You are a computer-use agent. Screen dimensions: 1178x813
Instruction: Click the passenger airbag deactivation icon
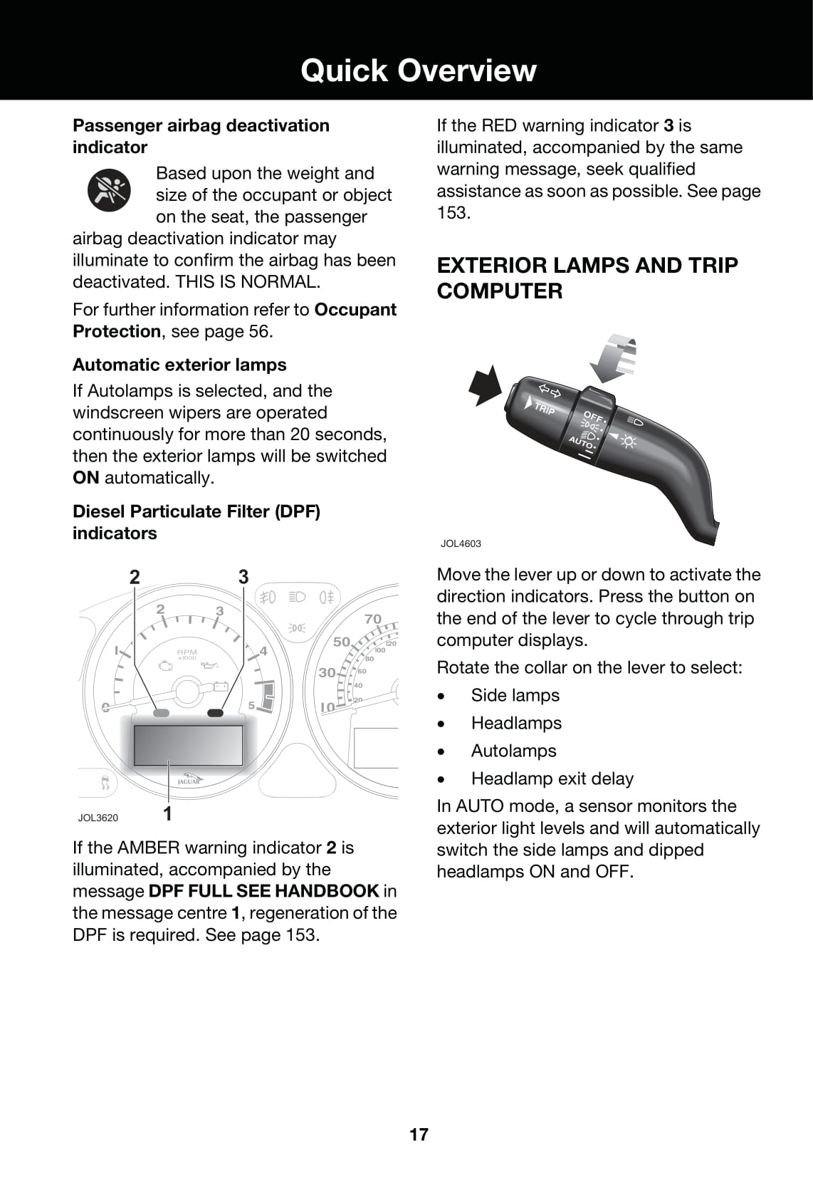(109, 190)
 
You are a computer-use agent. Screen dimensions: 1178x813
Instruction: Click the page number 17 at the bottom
(419, 1135)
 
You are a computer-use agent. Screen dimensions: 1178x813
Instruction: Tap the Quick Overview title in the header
(418, 71)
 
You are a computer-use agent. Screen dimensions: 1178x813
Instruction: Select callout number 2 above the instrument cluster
(135, 577)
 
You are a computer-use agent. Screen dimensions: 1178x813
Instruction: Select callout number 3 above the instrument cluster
(243, 577)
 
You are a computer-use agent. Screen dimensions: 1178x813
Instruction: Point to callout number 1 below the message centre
(168, 813)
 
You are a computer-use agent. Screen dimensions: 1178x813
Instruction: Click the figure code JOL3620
(98, 818)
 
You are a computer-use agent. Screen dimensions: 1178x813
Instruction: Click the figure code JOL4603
(461, 543)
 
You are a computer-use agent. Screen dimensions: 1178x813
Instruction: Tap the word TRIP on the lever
(545, 409)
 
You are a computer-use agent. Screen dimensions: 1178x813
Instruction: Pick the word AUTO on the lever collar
(580, 442)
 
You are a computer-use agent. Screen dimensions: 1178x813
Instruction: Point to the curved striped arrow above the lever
(613, 358)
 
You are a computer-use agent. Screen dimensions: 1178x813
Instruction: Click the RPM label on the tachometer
(187, 652)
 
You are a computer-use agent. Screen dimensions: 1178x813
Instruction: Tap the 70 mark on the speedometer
(373, 619)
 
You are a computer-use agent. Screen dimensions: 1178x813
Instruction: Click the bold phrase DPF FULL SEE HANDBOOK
(263, 891)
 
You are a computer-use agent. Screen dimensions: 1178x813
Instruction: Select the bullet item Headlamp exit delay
(552, 778)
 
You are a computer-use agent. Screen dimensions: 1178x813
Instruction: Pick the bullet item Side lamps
(515, 695)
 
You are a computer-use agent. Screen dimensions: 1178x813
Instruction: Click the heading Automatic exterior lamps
(179, 365)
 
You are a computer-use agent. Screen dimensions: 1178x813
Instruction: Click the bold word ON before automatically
(86, 478)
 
